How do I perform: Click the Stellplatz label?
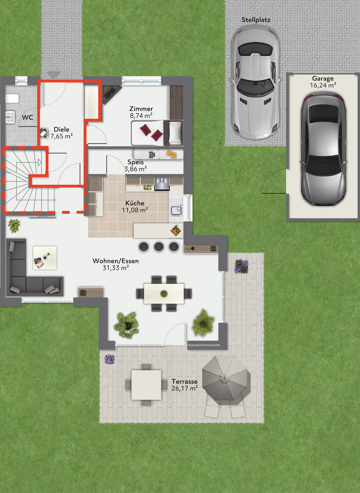point(256,20)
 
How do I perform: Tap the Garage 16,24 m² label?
point(323,82)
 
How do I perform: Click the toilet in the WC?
point(12,99)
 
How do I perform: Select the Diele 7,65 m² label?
point(62,133)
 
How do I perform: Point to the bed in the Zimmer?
point(157,133)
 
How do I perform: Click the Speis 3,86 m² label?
point(135,165)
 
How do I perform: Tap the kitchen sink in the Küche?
point(176,206)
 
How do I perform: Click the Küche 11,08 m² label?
point(135,207)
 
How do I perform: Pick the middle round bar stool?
point(159,246)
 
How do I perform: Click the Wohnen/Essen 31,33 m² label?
point(116,264)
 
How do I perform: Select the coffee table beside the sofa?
point(45,258)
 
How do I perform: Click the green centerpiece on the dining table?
point(164,294)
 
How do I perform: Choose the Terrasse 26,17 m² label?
point(185,385)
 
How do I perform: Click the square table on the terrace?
point(146,385)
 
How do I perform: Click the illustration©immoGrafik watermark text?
point(204,345)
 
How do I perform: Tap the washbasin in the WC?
point(10,117)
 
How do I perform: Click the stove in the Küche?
point(162,184)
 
